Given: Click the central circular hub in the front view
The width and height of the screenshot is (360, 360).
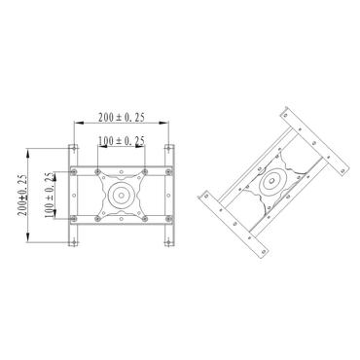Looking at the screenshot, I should click(122, 195).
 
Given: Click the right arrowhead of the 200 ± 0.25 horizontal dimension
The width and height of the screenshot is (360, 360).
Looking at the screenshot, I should click(167, 123).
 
